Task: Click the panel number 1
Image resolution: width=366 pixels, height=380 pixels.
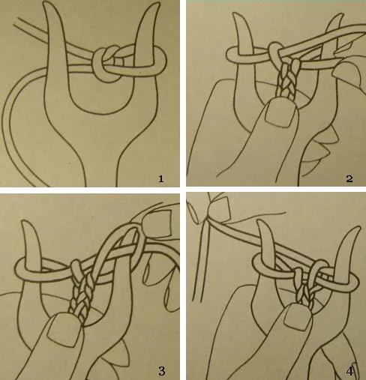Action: coord(160,178)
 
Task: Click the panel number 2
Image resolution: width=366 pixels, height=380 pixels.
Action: coord(349,178)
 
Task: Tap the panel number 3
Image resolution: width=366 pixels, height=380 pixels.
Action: coord(162,371)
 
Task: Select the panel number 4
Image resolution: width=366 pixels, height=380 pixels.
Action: coord(349,371)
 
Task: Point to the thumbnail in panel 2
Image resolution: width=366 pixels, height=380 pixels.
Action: coord(280,114)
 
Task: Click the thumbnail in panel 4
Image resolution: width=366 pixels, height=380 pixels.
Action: coord(298,317)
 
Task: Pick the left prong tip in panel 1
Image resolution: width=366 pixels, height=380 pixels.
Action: coord(46,2)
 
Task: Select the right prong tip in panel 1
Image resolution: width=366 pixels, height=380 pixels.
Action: coord(157,4)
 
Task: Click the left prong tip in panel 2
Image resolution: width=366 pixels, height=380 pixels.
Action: coord(235,14)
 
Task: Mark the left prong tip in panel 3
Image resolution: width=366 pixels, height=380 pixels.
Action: coord(24,221)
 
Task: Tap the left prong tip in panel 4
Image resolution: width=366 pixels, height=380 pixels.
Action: coord(261,222)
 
